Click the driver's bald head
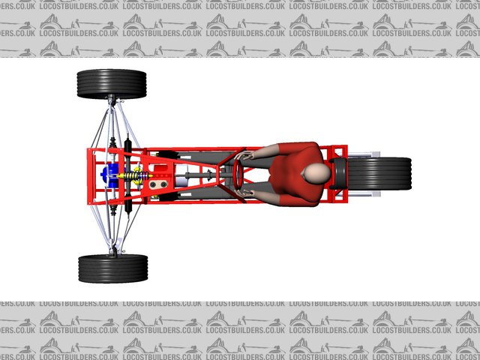(316, 173)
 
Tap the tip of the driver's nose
(301, 175)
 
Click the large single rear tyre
(379, 173)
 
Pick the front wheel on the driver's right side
(112, 84)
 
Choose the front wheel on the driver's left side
(113, 268)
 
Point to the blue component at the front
(110, 175)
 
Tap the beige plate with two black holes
(158, 184)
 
